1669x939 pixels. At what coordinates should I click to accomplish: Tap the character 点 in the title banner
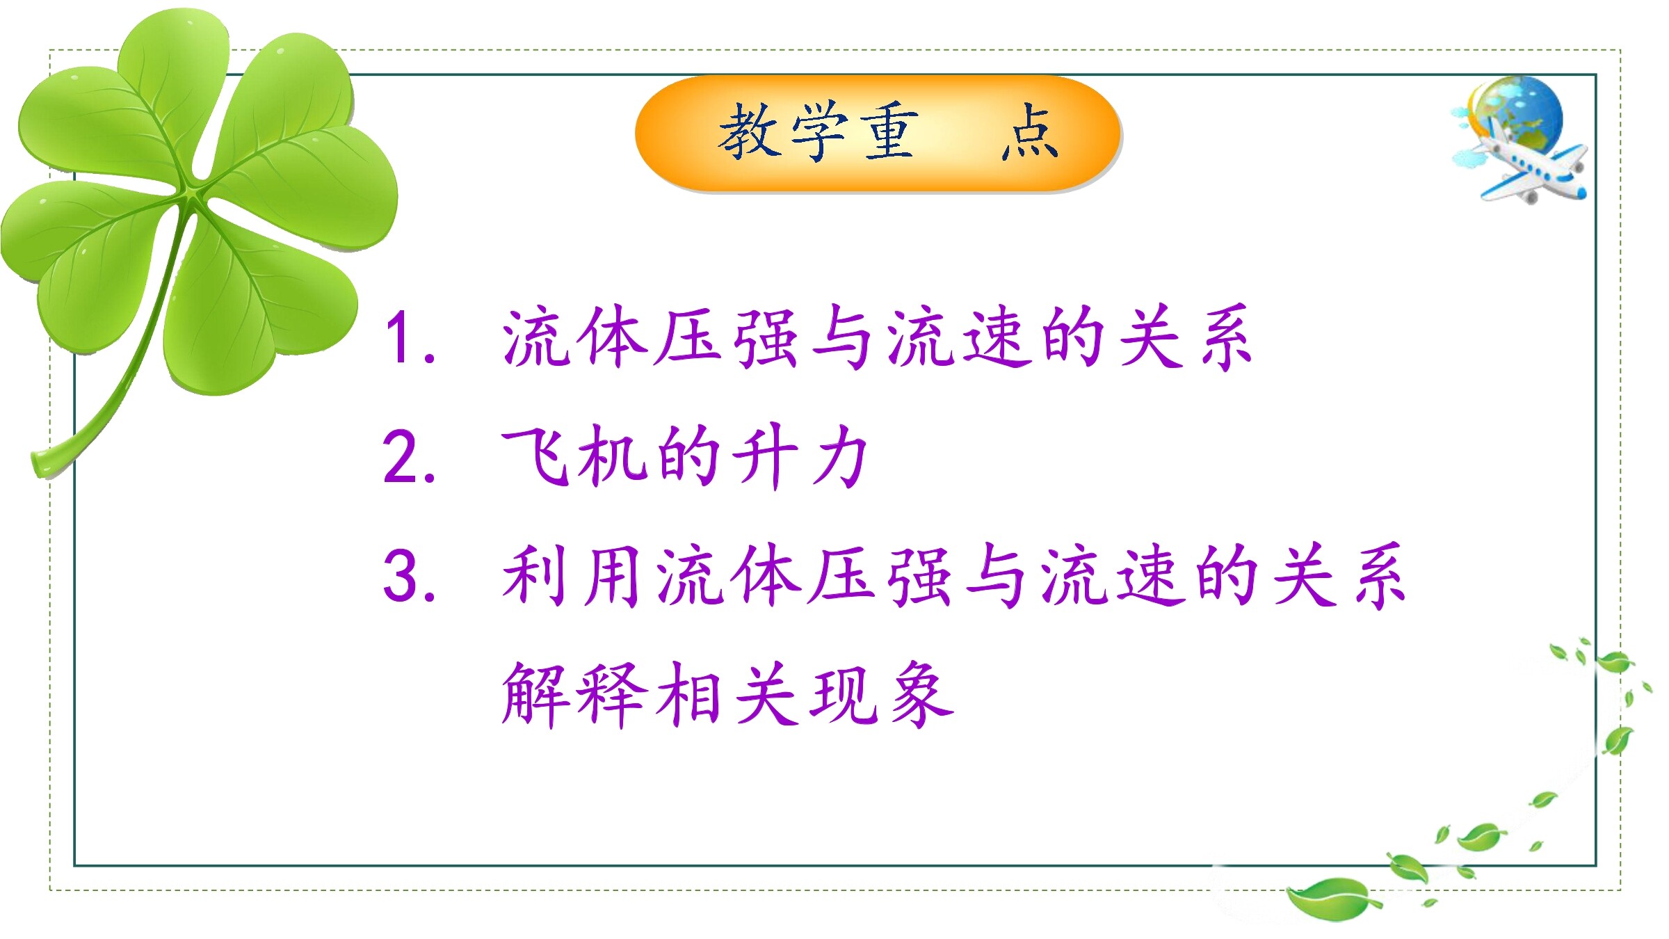tap(1030, 131)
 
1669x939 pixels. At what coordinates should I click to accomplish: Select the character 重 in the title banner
tap(889, 130)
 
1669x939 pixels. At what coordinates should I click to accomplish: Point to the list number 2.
tap(409, 456)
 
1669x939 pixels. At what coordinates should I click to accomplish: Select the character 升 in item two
tap(766, 456)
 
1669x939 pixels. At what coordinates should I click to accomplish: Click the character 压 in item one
tap(688, 338)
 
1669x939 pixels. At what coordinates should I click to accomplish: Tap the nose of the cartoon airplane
tap(1579, 191)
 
